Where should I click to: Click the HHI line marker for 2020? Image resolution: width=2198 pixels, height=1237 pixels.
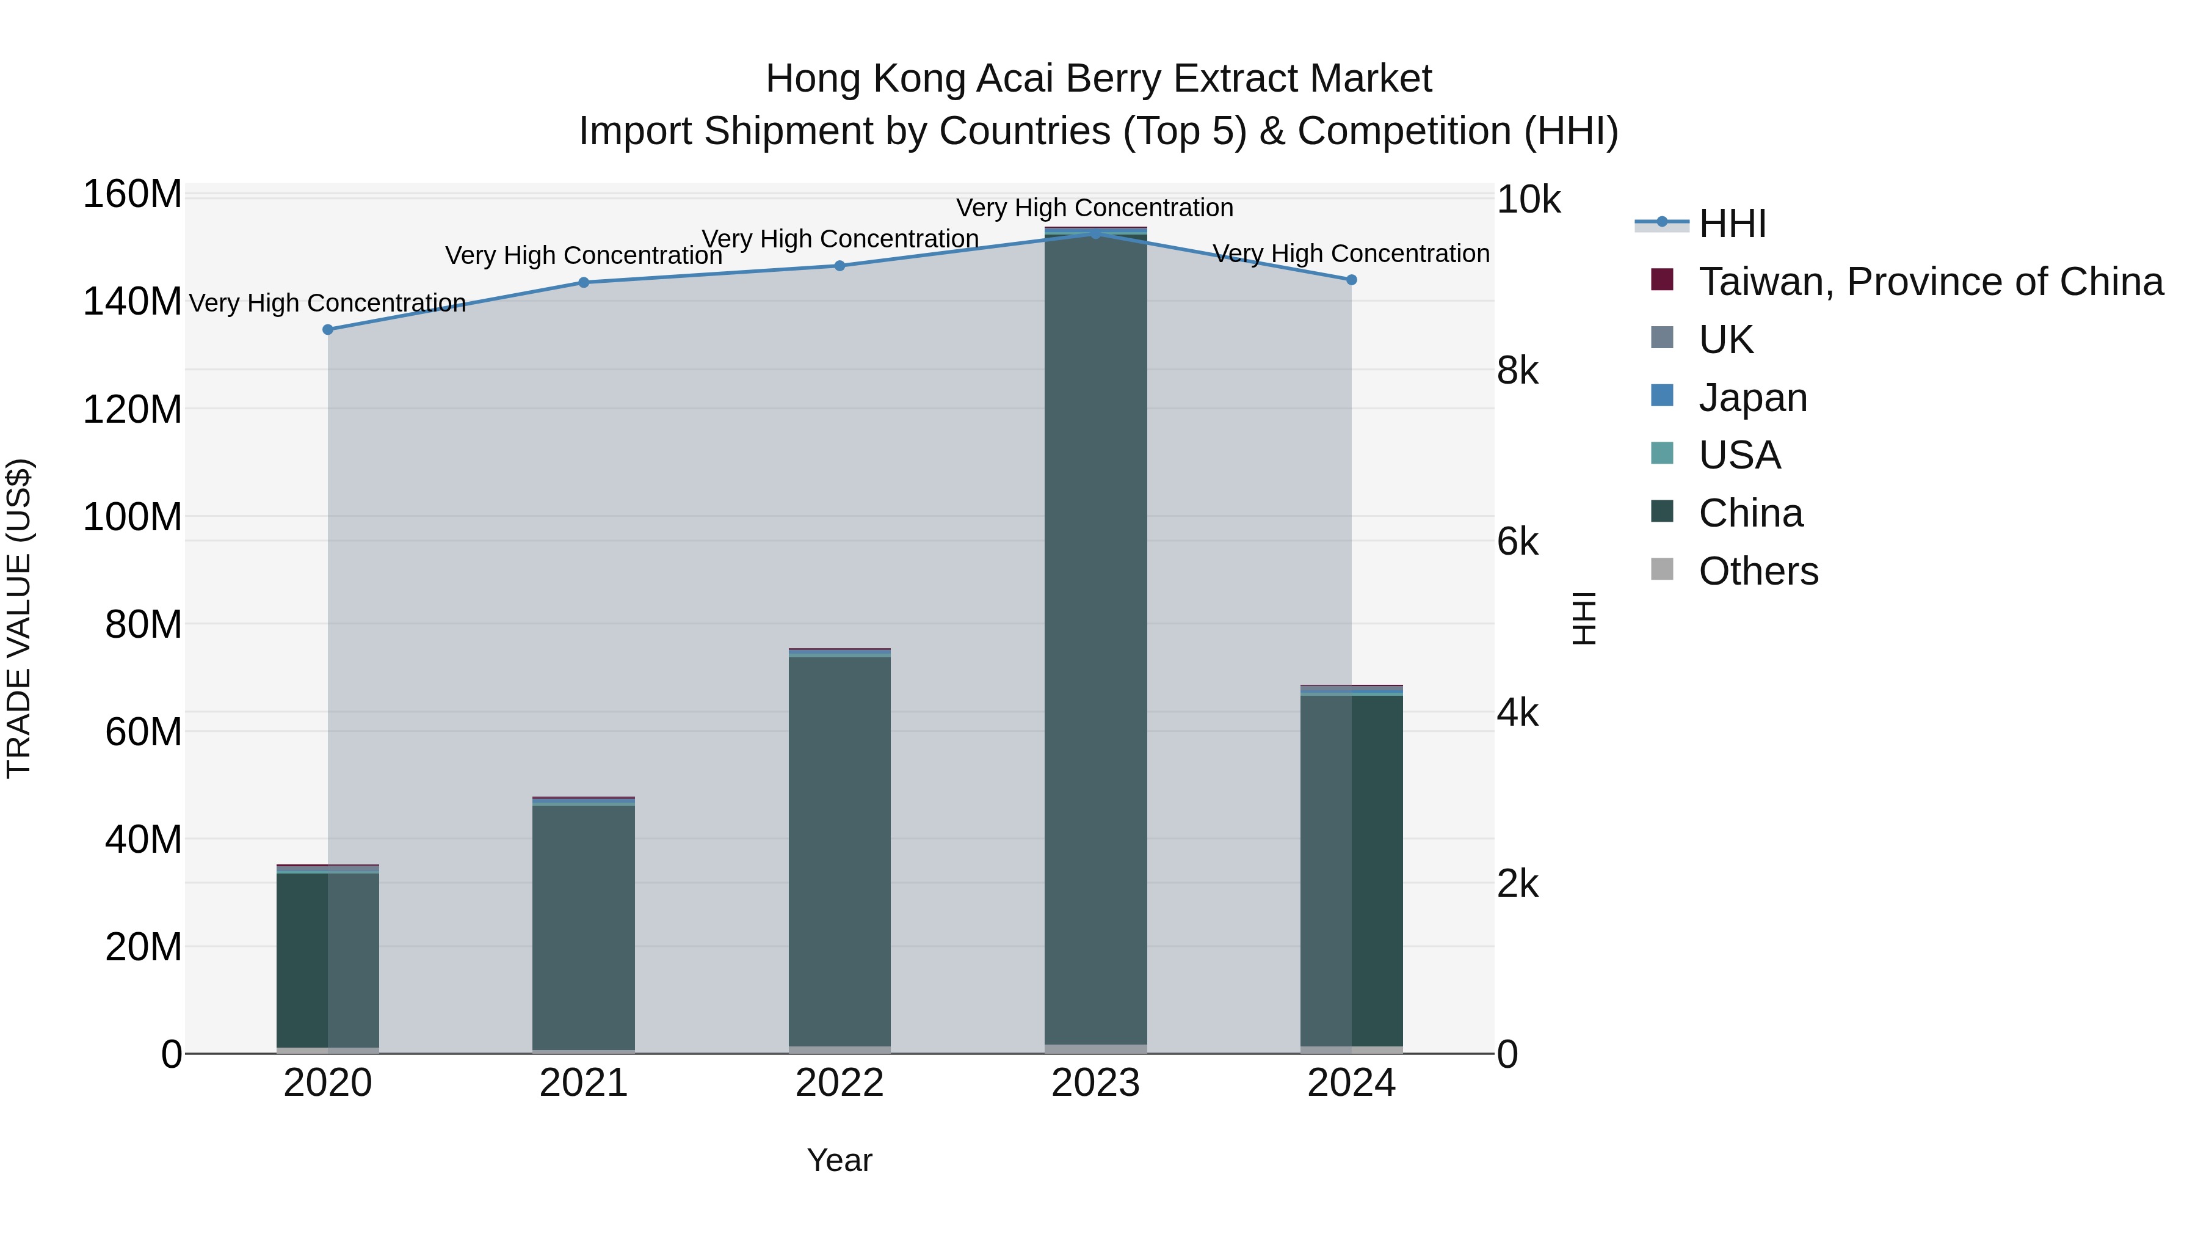tap(328, 329)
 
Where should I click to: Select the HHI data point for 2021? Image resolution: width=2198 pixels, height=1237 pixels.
tap(584, 283)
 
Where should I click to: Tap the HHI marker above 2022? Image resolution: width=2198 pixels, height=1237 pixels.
tap(840, 266)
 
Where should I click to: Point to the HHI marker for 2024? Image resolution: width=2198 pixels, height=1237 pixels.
tap(1352, 280)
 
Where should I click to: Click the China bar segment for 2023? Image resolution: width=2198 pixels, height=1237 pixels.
tap(1095, 640)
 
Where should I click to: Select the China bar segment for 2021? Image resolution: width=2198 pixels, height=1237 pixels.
tap(584, 926)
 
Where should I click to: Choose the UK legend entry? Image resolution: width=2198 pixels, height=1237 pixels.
tap(1725, 340)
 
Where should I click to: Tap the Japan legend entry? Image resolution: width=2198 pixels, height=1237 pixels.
tap(1752, 398)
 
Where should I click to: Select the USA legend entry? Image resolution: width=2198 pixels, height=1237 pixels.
tap(1739, 455)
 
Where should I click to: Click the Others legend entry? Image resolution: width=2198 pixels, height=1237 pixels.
tap(1758, 571)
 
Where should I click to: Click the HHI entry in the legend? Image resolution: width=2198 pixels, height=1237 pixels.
tap(1732, 224)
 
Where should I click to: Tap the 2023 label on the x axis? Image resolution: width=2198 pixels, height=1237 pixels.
tap(1095, 1083)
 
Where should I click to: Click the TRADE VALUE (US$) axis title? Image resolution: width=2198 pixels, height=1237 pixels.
tap(19, 618)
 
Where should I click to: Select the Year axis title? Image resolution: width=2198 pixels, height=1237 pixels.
tap(840, 1160)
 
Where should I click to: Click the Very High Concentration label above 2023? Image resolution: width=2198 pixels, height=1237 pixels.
tap(1095, 208)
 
